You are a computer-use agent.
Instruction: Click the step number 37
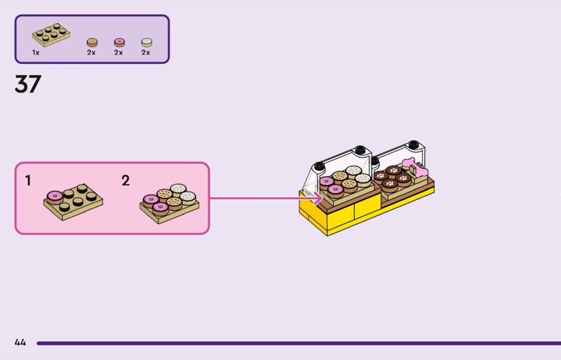28,84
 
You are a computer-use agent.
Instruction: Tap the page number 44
20,342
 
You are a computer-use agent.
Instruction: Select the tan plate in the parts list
51,35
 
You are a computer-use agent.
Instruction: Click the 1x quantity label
36,53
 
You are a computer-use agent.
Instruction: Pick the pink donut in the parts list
119,42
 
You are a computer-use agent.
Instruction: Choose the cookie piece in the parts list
92,42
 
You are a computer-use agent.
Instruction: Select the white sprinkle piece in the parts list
146,42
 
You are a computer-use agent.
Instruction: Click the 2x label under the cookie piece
91,53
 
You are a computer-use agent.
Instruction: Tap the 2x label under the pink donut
119,53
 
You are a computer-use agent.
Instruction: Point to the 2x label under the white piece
146,53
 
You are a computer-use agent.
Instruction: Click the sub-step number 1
28,181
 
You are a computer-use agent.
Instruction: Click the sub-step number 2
126,181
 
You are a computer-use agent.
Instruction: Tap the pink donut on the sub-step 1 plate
54,196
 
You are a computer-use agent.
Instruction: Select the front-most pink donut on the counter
336,189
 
